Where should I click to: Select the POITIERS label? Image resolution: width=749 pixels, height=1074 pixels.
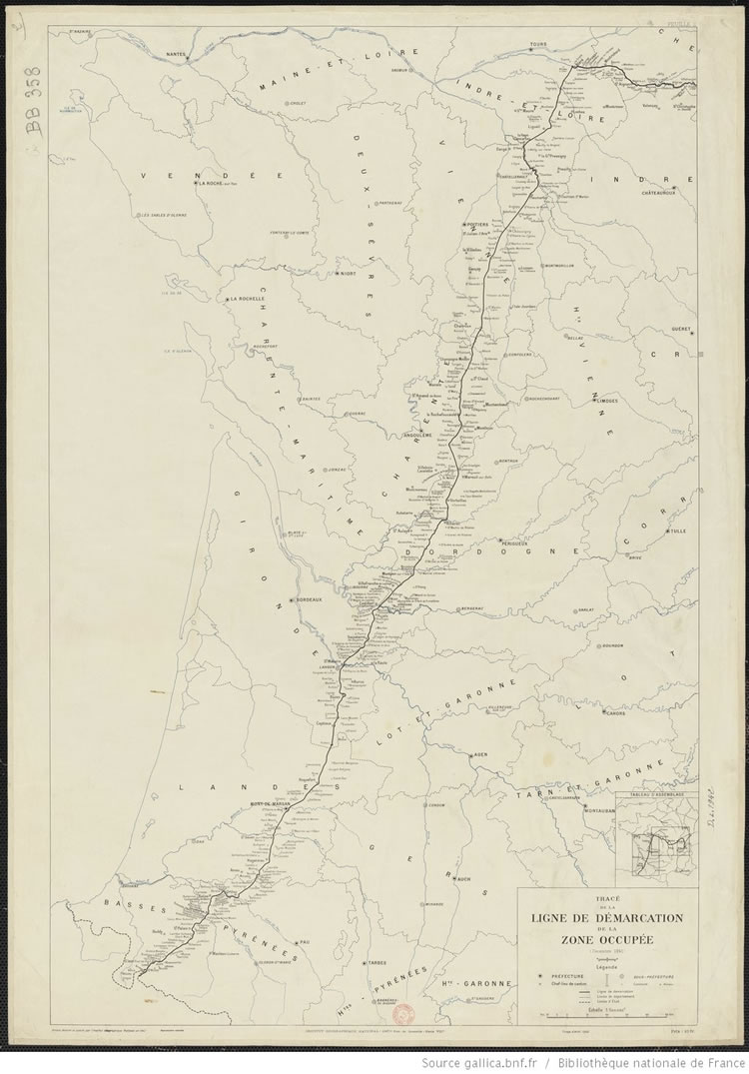click(x=476, y=226)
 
